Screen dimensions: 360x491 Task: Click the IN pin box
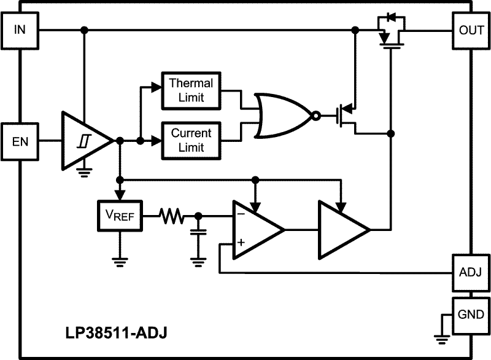click(20, 30)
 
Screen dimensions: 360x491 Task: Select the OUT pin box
click(471, 30)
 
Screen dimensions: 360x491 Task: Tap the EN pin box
click(20, 141)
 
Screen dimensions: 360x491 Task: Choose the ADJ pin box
click(471, 272)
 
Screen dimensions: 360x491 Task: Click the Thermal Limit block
click(191, 90)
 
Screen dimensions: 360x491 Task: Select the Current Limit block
click(191, 140)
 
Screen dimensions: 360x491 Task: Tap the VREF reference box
click(120, 216)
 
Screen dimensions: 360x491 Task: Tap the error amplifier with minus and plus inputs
click(256, 229)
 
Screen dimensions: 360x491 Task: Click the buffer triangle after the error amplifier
click(341, 229)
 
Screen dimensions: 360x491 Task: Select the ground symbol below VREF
click(120, 259)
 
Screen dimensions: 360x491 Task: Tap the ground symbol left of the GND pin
click(439, 335)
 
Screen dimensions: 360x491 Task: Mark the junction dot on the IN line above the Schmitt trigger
click(84, 30)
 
